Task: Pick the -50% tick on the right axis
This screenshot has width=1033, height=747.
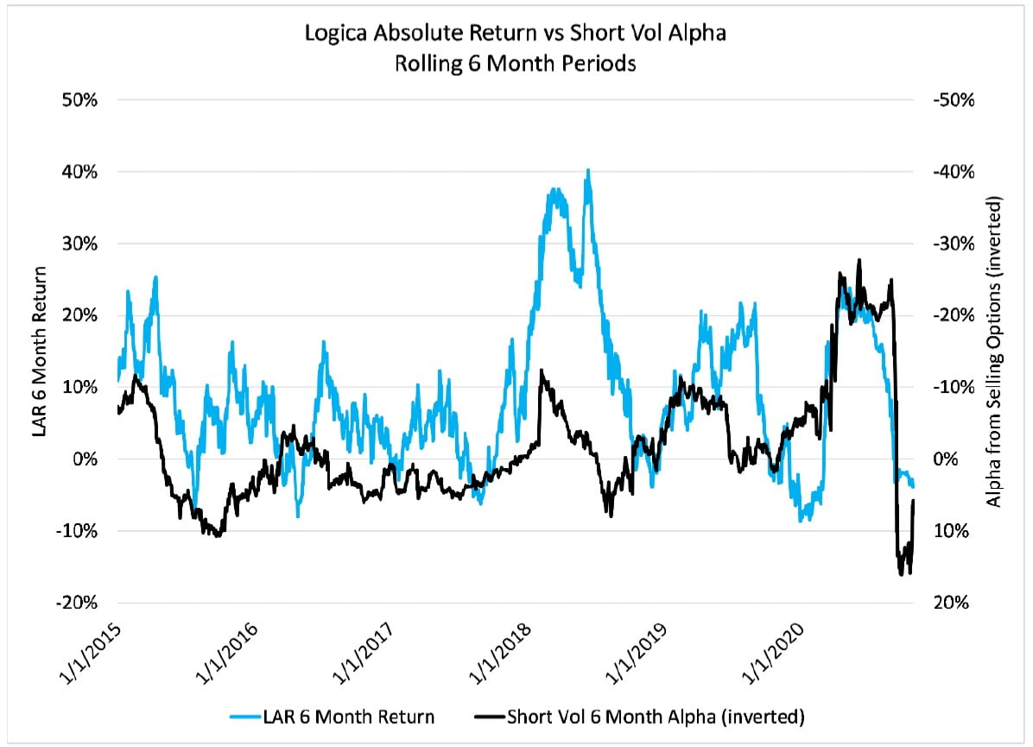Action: click(953, 99)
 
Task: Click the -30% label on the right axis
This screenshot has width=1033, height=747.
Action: click(953, 244)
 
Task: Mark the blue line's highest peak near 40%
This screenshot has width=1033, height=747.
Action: click(588, 170)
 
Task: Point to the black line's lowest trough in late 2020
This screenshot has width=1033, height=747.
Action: click(902, 574)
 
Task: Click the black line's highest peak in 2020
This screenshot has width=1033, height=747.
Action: click(859, 259)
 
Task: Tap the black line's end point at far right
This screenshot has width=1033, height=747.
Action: click(914, 500)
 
